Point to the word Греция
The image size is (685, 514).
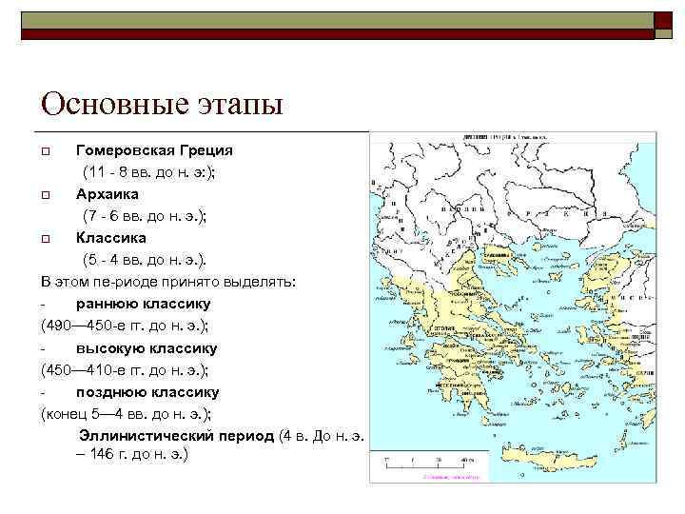(x=206, y=150)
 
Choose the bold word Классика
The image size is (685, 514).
(x=111, y=238)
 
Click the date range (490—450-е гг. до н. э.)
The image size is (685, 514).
(x=125, y=326)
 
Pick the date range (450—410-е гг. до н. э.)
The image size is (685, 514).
(x=125, y=369)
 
